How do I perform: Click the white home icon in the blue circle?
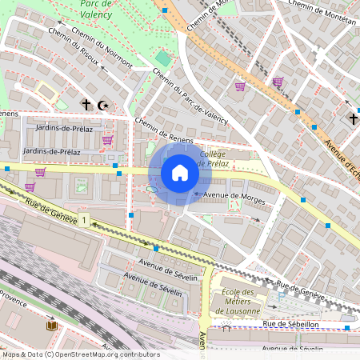[x=179, y=172]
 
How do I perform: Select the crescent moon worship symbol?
[x=102, y=105]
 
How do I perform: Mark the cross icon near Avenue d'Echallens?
[x=353, y=119]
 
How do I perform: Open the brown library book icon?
[x=52, y=326]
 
